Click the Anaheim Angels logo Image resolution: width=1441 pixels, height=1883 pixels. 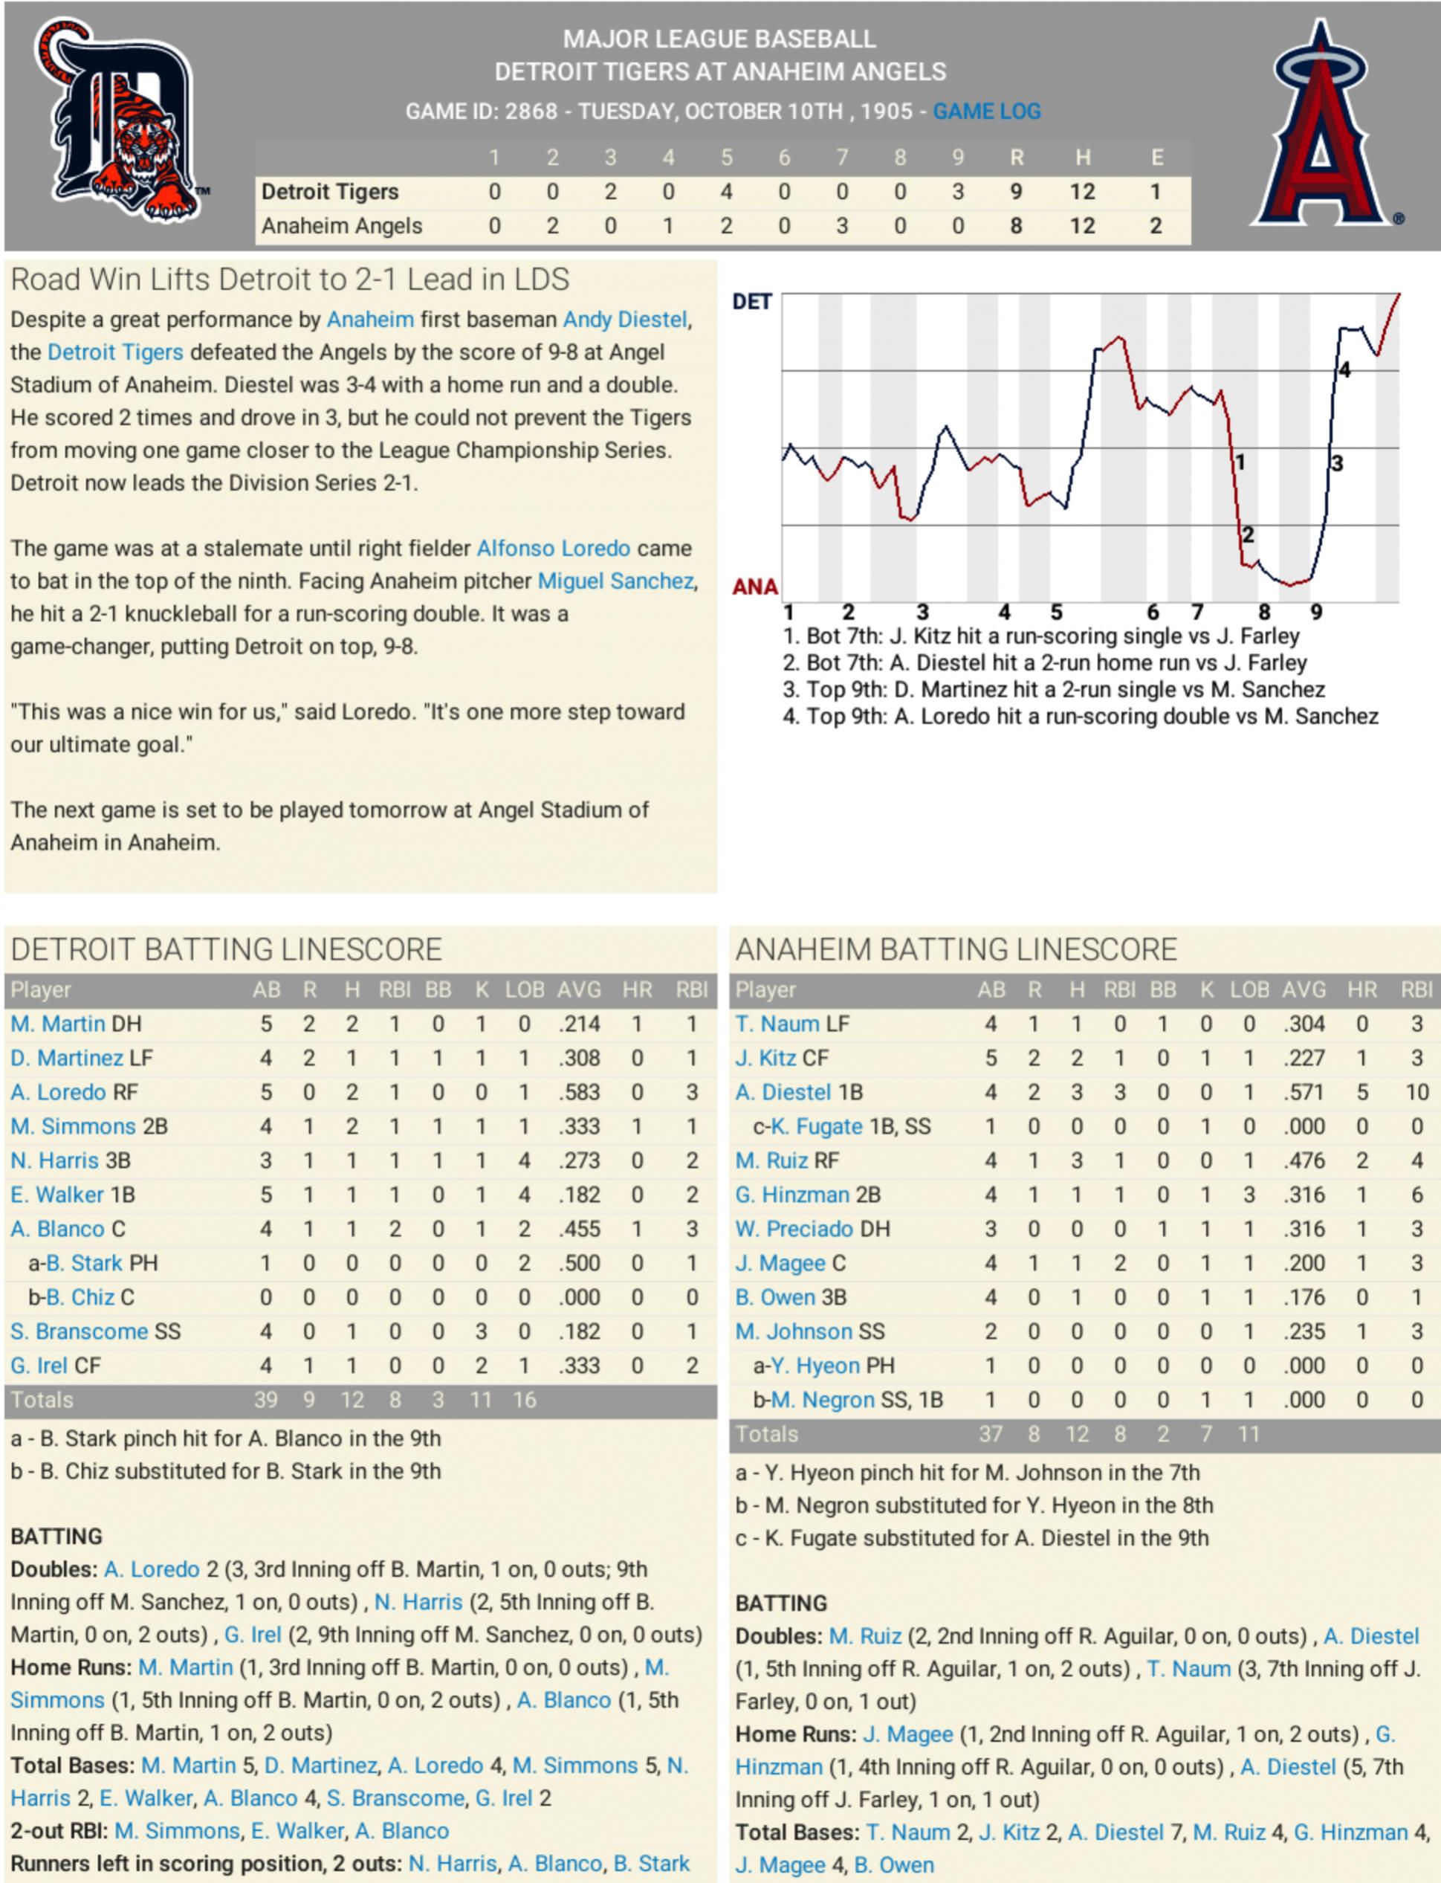coord(1321,124)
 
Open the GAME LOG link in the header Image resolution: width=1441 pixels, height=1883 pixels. coord(986,112)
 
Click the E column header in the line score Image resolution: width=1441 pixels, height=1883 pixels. coord(1156,158)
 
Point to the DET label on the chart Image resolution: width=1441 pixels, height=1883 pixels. coord(751,302)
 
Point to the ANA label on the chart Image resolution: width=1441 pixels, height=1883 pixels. coord(755,587)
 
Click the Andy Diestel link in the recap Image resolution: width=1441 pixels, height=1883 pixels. coord(624,320)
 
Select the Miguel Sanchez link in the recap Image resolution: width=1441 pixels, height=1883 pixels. coord(615,581)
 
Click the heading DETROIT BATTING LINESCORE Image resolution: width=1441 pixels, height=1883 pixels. coord(227,949)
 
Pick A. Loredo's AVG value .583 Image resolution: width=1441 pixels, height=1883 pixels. coord(579,1092)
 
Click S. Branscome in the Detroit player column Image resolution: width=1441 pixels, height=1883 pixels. coord(79,1331)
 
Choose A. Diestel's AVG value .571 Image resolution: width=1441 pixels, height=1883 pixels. coord(1304,1092)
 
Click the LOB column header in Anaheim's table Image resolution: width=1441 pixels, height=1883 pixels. coord(1249,990)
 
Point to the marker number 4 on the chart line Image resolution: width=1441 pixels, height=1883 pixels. coord(1344,369)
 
